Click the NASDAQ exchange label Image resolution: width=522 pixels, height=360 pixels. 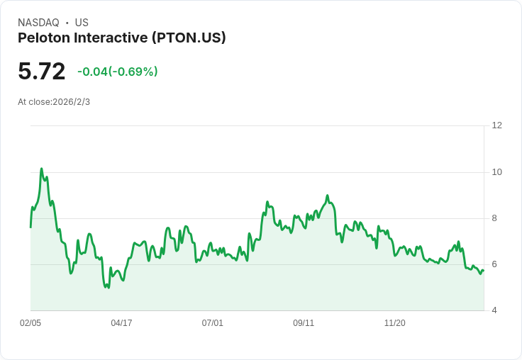tap(38, 23)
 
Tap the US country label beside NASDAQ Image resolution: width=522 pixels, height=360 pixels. tap(82, 23)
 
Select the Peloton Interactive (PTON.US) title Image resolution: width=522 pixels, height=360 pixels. tap(121, 38)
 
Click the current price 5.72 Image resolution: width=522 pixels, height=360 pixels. tap(42, 71)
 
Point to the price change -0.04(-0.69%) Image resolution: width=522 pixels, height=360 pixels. tap(117, 72)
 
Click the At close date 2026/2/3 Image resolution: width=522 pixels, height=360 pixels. tap(54, 102)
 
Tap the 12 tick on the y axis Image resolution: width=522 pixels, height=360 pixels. tap(496, 125)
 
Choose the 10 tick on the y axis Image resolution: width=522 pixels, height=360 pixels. tap(496, 172)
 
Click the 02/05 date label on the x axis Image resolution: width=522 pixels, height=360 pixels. tap(30, 323)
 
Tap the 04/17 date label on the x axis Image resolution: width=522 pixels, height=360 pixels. tap(121, 323)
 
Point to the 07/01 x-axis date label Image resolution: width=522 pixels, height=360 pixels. tap(212, 323)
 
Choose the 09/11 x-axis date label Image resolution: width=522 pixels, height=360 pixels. tap(304, 323)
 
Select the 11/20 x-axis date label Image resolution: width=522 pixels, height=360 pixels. tap(394, 323)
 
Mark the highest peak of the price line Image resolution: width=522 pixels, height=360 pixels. tap(41, 169)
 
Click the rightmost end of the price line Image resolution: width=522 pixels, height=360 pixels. tap(483, 270)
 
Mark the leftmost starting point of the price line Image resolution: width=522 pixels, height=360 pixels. tap(30, 226)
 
